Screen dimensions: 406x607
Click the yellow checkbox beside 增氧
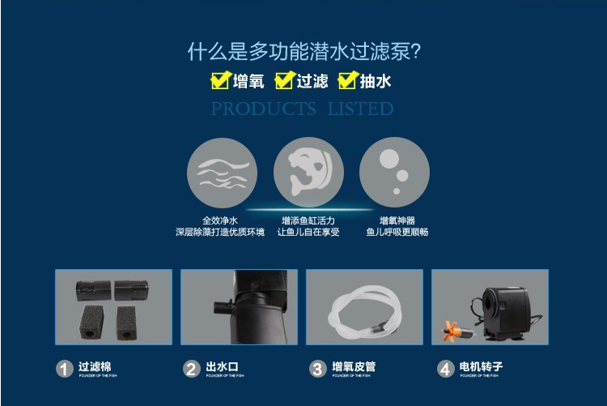point(219,80)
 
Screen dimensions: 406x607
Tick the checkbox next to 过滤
point(283,80)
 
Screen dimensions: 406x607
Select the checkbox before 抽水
point(347,80)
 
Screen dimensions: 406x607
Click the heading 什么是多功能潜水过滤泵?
point(303,53)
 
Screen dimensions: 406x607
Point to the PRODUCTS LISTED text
point(303,109)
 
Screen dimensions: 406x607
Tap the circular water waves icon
point(222,173)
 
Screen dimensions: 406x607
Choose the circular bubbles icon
point(394,173)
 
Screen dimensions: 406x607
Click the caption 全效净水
point(220,220)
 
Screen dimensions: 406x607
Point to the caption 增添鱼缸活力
point(308,220)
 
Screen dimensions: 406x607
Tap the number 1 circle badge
point(65,370)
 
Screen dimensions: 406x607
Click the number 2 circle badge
point(191,370)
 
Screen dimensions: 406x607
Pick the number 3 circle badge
point(317,370)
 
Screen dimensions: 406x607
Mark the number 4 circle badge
point(445,370)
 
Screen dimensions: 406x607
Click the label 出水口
point(223,367)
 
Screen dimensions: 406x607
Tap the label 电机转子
point(481,367)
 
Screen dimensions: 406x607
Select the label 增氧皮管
point(354,367)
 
